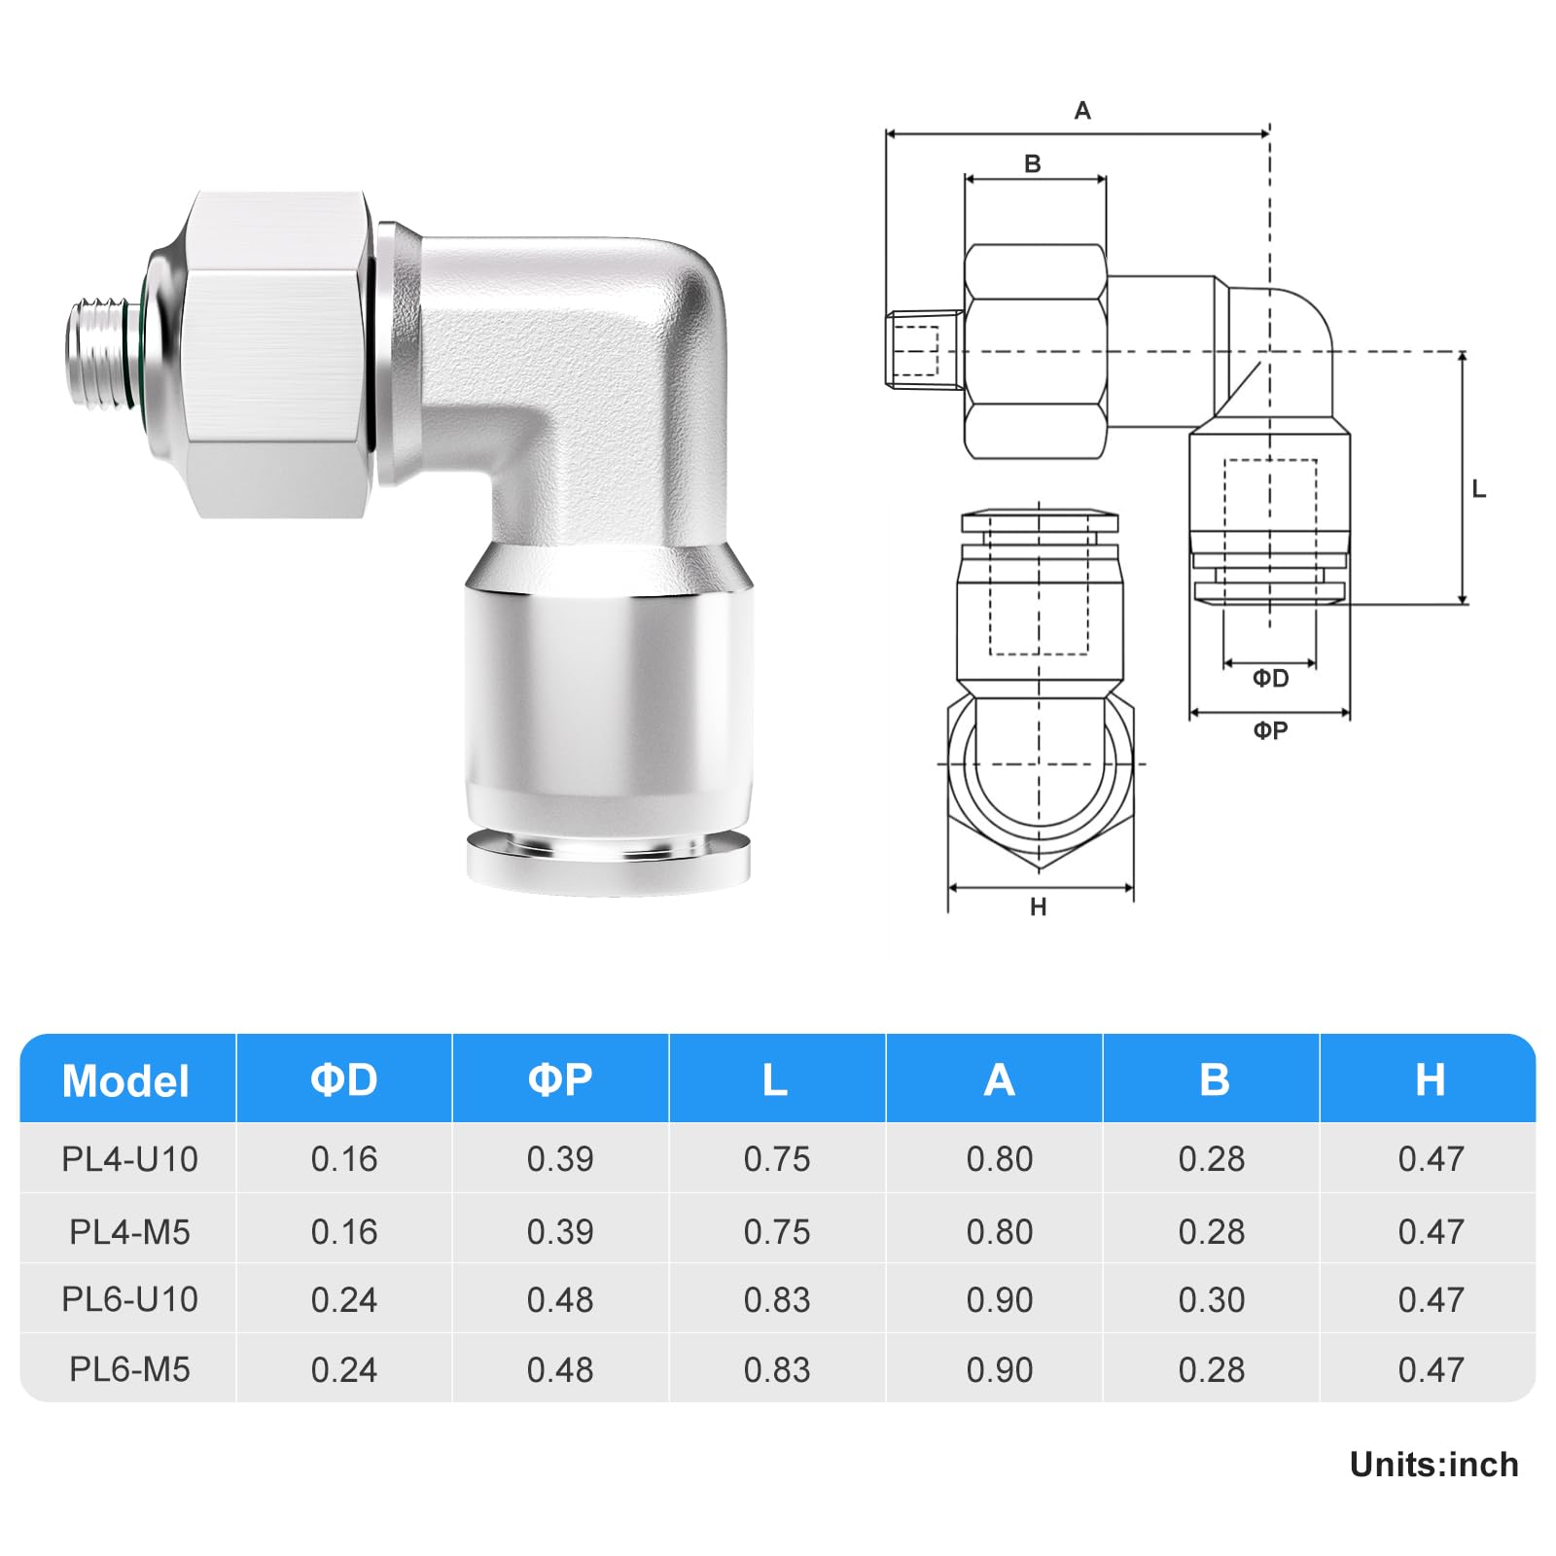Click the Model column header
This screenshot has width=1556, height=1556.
[x=125, y=1081]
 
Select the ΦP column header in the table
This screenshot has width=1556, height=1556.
[x=560, y=1079]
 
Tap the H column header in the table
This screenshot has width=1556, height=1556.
[x=1430, y=1079]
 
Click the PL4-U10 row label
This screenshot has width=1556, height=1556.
[x=129, y=1159]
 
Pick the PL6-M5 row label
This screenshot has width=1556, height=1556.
[x=129, y=1369]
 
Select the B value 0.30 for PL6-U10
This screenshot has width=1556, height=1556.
[x=1212, y=1300]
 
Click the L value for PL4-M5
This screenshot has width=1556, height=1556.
[x=777, y=1232]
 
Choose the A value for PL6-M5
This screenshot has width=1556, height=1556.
[x=1000, y=1369]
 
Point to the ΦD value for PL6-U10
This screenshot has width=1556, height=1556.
[x=344, y=1300]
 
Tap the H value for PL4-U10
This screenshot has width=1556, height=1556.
[x=1431, y=1159]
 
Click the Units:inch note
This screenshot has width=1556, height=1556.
[x=1433, y=1465]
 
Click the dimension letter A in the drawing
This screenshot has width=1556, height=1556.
[x=1082, y=111]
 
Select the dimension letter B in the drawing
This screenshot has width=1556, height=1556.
[x=1033, y=164]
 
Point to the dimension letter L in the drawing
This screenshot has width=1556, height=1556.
[x=1479, y=489]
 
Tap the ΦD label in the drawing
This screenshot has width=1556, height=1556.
[x=1270, y=678]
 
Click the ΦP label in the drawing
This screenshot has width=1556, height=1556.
[x=1270, y=730]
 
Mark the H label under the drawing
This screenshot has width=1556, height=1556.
[x=1039, y=907]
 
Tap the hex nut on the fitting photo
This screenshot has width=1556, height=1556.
[x=277, y=355]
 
